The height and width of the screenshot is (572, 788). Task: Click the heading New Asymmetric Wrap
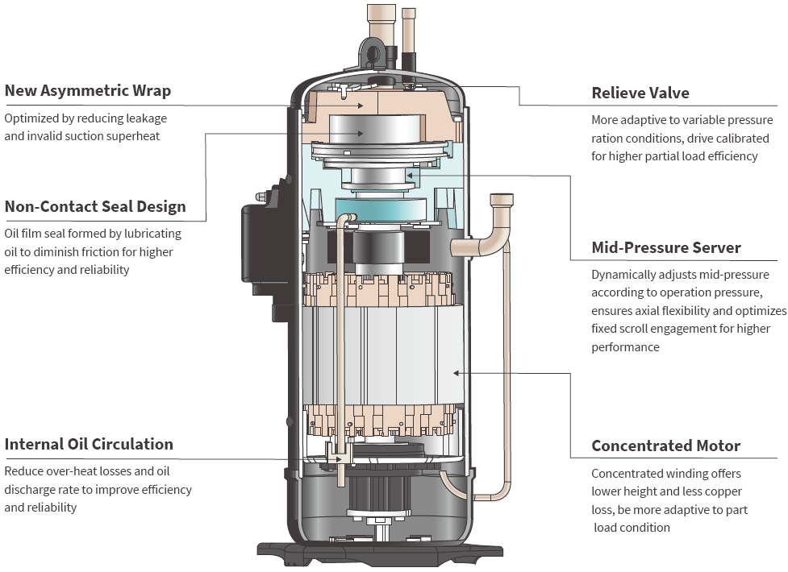pos(88,90)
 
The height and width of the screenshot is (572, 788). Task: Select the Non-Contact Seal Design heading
pos(95,207)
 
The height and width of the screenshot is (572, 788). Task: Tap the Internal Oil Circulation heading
pos(89,445)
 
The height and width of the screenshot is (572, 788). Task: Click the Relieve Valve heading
pos(640,93)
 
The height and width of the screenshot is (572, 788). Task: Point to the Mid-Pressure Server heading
pos(666,247)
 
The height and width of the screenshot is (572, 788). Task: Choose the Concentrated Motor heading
pos(665,446)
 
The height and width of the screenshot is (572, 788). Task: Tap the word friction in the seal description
pos(93,252)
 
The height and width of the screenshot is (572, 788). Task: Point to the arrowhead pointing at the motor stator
pos(457,372)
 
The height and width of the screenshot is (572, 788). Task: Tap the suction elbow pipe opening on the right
pos(501,200)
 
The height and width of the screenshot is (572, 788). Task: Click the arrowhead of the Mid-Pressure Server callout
pos(410,173)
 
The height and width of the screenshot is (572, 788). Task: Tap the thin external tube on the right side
pos(507,363)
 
